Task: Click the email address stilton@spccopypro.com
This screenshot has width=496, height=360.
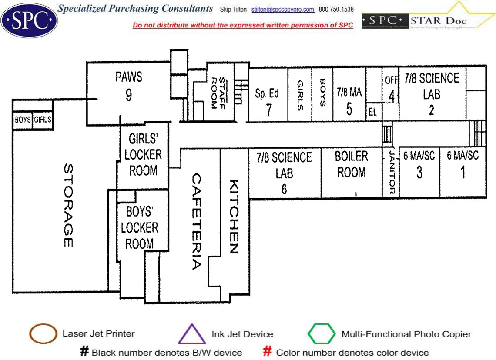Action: click(283, 10)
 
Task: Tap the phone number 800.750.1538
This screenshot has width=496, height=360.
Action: click(336, 10)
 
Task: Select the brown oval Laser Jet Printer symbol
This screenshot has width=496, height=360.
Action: click(43, 334)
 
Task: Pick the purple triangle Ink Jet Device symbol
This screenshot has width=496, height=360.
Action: click(192, 335)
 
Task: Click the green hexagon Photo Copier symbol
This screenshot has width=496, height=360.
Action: click(322, 334)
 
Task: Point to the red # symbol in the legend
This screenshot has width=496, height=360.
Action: click(268, 352)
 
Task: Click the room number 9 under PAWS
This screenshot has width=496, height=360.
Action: click(129, 95)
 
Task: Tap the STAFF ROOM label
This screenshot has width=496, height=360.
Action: click(218, 93)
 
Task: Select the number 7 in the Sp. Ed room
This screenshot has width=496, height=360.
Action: click(268, 110)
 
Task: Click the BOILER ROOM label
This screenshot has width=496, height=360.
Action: click(352, 164)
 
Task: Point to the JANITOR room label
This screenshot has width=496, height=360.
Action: click(391, 173)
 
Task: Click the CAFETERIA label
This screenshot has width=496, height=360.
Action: click(197, 222)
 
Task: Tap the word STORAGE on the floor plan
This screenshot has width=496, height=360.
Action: click(68, 206)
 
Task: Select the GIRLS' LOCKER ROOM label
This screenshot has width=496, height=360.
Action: click(143, 155)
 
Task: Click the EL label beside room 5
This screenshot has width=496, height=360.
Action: click(372, 113)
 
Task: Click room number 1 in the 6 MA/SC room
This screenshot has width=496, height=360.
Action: click(462, 172)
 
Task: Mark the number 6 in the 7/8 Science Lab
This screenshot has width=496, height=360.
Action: click(284, 189)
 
